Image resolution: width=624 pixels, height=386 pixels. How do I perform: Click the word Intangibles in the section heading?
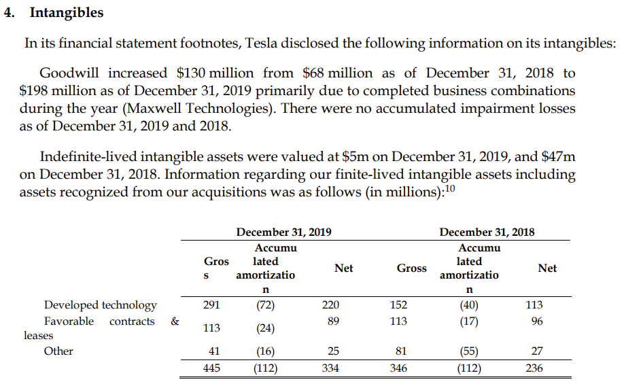[x=66, y=12]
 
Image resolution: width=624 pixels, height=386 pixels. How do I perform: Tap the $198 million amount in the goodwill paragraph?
[x=55, y=90]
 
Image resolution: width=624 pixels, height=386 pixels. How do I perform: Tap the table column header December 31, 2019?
[x=283, y=232]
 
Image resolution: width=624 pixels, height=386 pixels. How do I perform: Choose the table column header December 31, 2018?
[x=487, y=232]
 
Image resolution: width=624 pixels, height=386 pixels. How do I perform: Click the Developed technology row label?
[x=100, y=305]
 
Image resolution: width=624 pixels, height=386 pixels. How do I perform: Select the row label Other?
[x=58, y=351]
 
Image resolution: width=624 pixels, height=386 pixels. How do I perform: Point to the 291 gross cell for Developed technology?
[x=211, y=305]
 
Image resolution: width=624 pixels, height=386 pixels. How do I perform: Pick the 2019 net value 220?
[x=330, y=305]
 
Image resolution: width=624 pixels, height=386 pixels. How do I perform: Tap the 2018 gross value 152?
[x=399, y=305]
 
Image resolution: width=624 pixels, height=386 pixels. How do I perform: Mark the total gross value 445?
[x=211, y=369]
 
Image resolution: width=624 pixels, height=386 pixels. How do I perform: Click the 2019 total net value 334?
[x=330, y=369]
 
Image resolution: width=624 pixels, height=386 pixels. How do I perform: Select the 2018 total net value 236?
[x=534, y=369]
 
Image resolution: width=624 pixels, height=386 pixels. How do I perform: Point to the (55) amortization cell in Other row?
[x=468, y=352]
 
